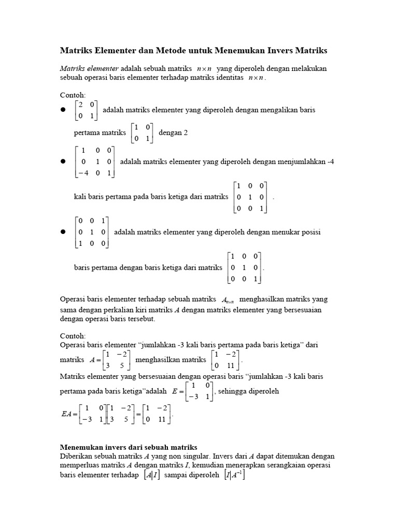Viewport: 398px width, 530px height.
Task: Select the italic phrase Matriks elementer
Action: point(89,68)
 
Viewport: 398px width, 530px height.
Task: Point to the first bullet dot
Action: point(63,110)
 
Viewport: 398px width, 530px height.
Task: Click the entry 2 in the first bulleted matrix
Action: point(80,105)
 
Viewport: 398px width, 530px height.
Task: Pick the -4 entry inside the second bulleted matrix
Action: point(82,173)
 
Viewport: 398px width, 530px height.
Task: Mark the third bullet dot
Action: point(63,232)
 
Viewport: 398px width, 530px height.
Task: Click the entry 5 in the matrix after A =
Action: point(123,365)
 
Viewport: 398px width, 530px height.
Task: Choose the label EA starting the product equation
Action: point(67,414)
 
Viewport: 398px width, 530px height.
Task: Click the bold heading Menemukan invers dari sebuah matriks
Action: point(129,447)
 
